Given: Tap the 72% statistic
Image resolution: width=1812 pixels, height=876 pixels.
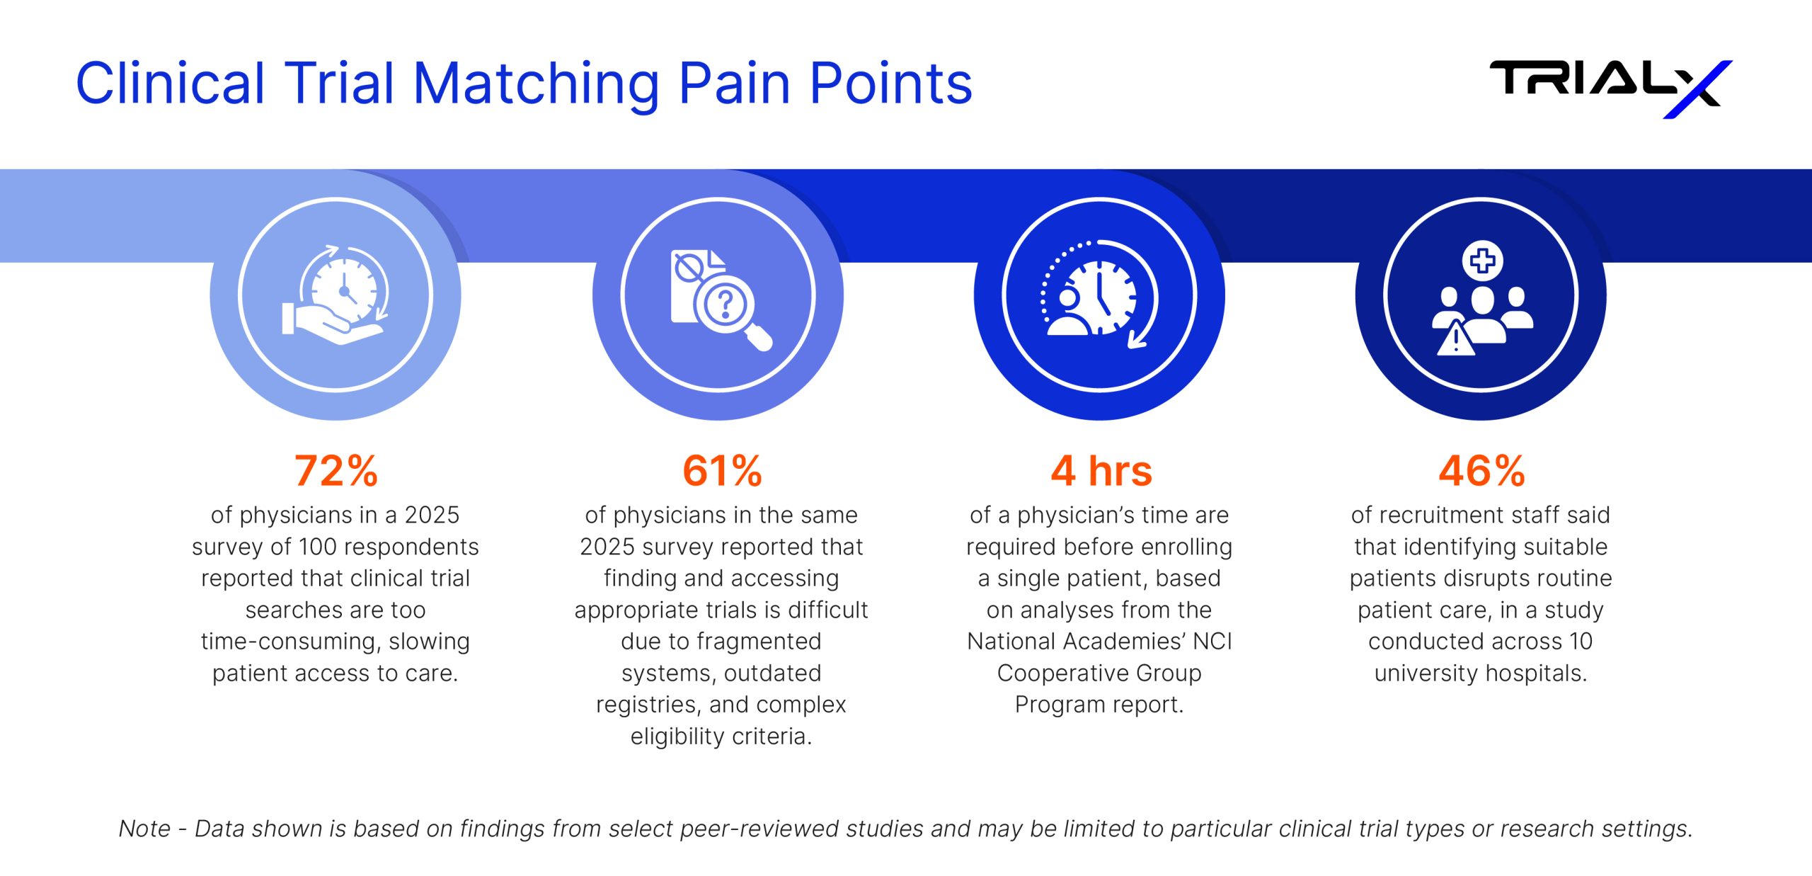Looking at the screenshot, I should tap(336, 471).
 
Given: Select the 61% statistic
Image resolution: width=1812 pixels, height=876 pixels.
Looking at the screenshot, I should tap(722, 471).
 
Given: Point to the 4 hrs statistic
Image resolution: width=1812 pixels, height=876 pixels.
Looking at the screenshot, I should tap(1101, 471).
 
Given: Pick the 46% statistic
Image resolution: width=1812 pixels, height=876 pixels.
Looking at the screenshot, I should tap(1481, 471).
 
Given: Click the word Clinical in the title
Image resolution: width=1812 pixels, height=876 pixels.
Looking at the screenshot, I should tap(170, 84).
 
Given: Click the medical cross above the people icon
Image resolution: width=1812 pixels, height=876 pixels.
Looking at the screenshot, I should tap(1482, 261).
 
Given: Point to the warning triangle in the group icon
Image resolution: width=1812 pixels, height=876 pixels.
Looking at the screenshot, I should tap(1455, 339).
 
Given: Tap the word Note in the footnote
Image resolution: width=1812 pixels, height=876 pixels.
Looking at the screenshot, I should tap(144, 829).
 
